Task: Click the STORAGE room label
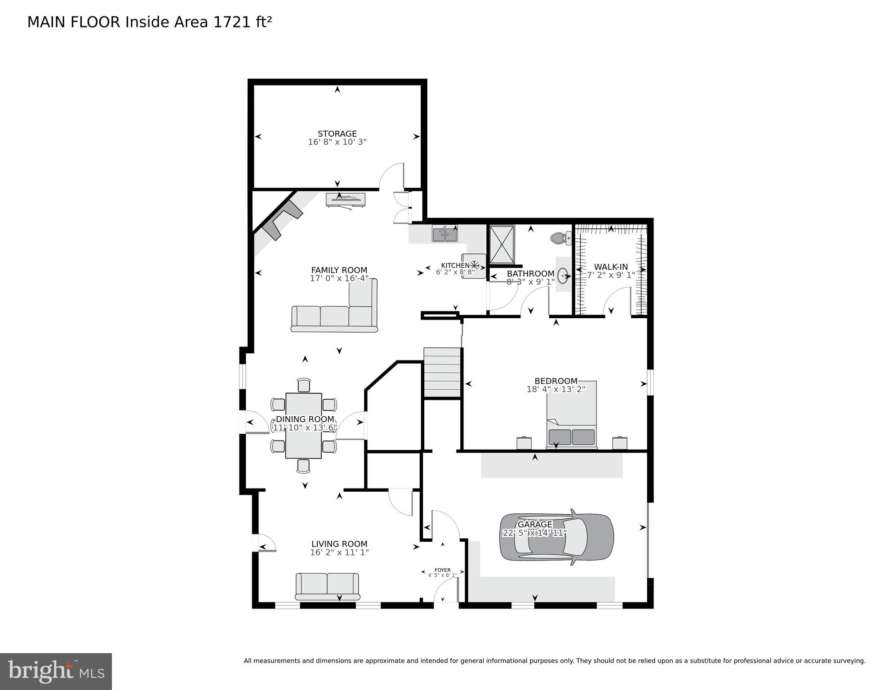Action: [337, 134]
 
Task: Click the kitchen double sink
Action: [445, 234]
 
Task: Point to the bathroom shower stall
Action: [502, 245]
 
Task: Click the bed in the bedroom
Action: [572, 416]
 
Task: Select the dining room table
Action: [303, 425]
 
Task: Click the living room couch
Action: [327, 586]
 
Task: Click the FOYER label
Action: [442, 570]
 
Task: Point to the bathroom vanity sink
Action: [563, 274]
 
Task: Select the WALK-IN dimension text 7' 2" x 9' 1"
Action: [611, 275]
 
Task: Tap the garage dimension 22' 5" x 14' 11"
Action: [534, 533]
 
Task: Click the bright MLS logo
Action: [56, 672]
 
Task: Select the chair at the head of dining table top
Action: [304, 385]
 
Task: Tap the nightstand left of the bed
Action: [524, 443]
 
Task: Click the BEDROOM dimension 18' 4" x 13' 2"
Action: [556, 389]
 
